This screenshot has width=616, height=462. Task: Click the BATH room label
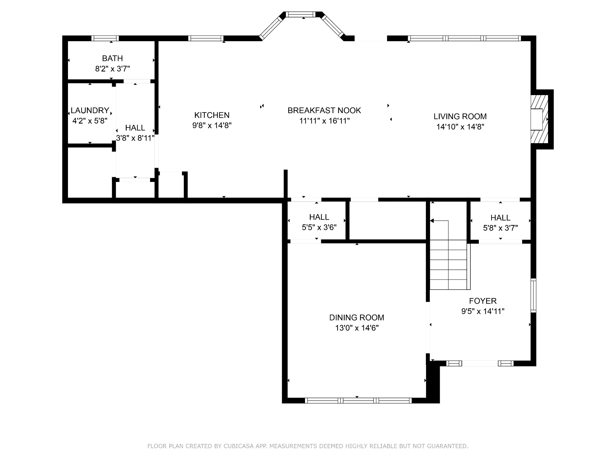(112, 58)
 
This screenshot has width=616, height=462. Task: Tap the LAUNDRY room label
(90, 110)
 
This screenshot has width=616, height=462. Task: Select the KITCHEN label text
(212, 115)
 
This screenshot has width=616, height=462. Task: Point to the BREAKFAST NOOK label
(324, 110)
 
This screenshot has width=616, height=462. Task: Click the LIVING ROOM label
(460, 116)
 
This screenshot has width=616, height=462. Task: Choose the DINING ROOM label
(357, 318)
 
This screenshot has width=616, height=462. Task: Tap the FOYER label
(483, 301)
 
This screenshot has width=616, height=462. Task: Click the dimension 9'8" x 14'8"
(212, 125)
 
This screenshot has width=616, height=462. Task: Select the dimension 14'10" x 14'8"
(460, 127)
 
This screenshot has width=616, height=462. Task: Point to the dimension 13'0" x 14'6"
(357, 328)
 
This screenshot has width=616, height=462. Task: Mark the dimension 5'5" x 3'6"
(319, 227)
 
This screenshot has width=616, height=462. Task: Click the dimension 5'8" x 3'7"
(500, 228)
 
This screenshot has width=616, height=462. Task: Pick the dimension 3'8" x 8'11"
(135, 138)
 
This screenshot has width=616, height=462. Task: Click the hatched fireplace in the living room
(539, 119)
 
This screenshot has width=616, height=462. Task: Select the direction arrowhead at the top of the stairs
(432, 221)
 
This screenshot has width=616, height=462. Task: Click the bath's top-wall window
(105, 38)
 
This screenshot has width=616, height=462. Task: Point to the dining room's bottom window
(358, 400)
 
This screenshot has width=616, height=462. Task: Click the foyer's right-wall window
(533, 296)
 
